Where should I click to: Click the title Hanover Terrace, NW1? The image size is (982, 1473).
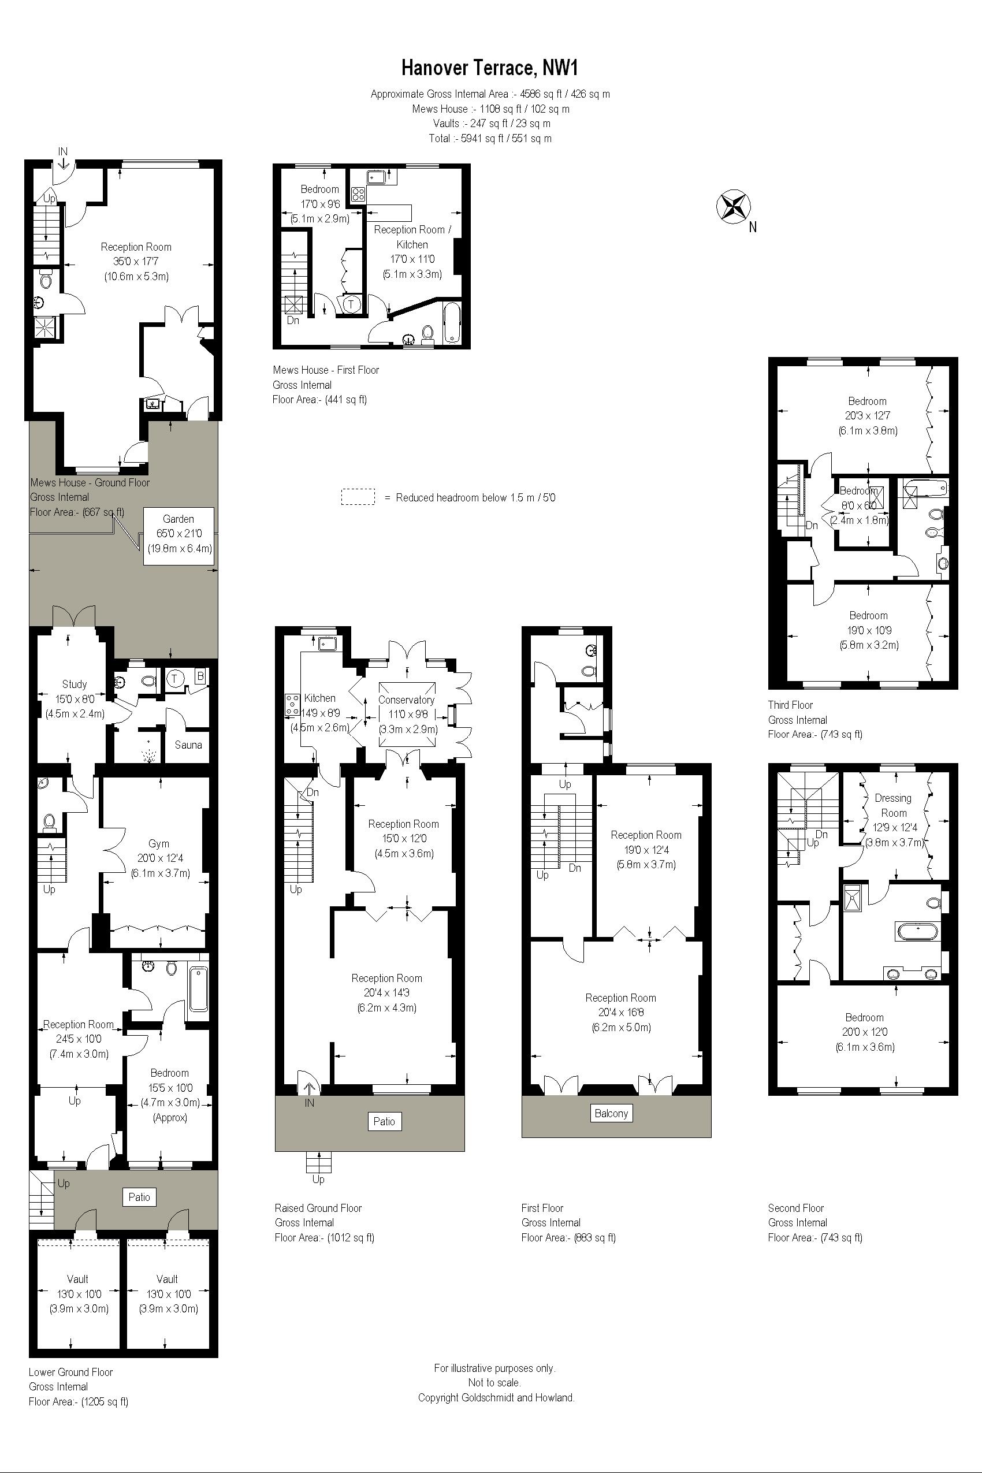coord(490,67)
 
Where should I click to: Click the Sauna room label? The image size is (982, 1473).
coord(188,745)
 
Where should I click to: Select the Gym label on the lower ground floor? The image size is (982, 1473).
coord(159,843)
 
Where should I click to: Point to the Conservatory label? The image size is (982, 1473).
coord(406,700)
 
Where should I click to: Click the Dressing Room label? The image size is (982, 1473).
coord(893,805)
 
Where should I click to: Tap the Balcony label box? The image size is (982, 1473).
coord(611,1114)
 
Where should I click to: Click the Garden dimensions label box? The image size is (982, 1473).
coord(178,534)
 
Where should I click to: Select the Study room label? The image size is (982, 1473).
coord(75,685)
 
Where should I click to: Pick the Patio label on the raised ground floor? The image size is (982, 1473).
coord(384,1122)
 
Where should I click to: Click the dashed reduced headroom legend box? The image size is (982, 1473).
coord(358,497)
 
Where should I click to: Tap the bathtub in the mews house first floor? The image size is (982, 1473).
coord(452,323)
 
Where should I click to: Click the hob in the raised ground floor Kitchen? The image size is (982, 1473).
coord(292,705)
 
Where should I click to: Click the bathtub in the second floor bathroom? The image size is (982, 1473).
coord(918,931)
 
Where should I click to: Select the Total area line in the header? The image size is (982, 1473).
coord(490,139)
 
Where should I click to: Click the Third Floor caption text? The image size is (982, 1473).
coord(790,705)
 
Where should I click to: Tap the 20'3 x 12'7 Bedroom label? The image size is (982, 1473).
coord(868,415)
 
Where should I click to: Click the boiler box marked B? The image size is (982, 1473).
coord(200,676)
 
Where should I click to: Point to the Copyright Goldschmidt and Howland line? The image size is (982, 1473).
coord(496,1397)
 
